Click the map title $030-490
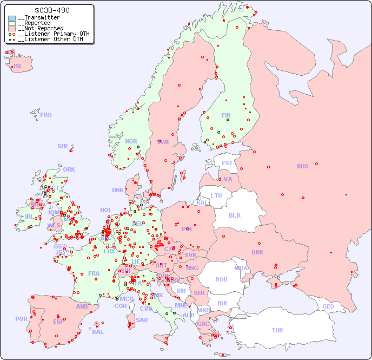[x=51, y=10]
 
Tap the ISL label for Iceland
[x=18, y=67]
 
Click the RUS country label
[x=302, y=166]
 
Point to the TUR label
[x=277, y=330]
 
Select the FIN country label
[x=226, y=115]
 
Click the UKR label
[x=257, y=252]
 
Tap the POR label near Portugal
[x=21, y=319]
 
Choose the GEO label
[x=328, y=306]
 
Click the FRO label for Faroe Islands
[x=46, y=115]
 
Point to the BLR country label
[x=235, y=215]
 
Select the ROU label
[x=221, y=279]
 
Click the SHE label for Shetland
[x=63, y=146]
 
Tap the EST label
[x=227, y=163]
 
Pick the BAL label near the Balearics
[x=97, y=332]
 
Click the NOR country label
[x=131, y=141]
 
